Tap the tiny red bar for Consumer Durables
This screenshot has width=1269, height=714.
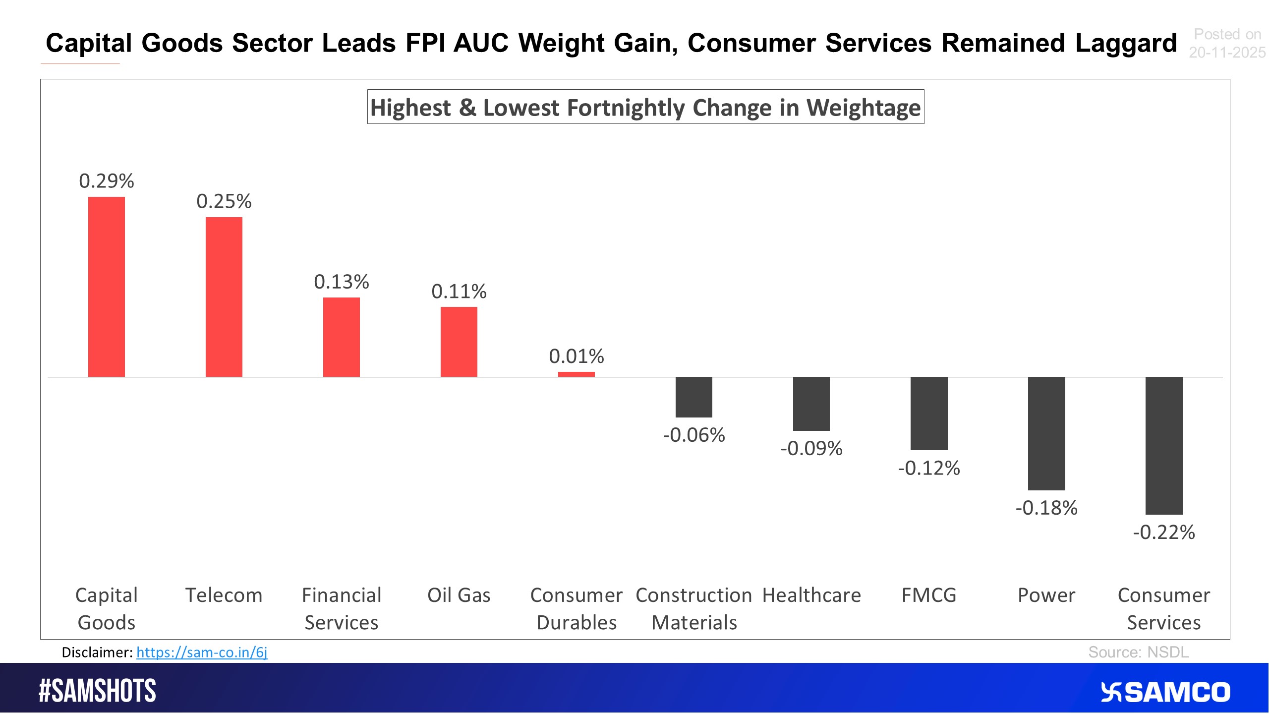(576, 374)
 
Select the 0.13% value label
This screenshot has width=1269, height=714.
(341, 282)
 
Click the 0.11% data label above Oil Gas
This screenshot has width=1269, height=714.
(459, 292)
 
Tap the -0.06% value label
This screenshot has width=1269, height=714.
(693, 435)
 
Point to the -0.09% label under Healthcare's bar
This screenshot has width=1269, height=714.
(811, 449)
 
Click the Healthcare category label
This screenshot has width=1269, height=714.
(811, 595)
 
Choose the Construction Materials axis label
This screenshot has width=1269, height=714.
(693, 608)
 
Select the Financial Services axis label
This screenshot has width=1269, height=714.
(341, 608)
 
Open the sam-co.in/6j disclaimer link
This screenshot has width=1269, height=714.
(202, 653)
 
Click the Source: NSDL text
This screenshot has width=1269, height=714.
(1138, 652)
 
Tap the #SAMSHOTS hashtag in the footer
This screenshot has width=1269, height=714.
(97, 691)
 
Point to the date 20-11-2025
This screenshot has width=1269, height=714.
(1227, 53)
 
